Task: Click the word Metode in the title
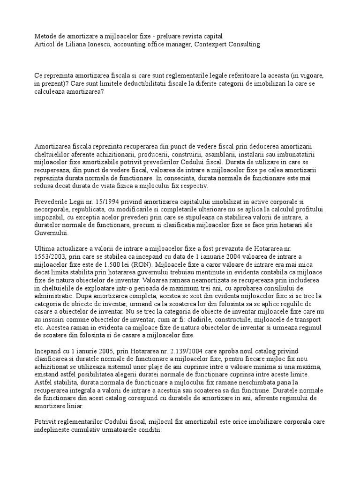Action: pos(46,36)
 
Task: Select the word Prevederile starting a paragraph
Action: pos(52,201)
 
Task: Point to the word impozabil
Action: pos(49,218)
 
